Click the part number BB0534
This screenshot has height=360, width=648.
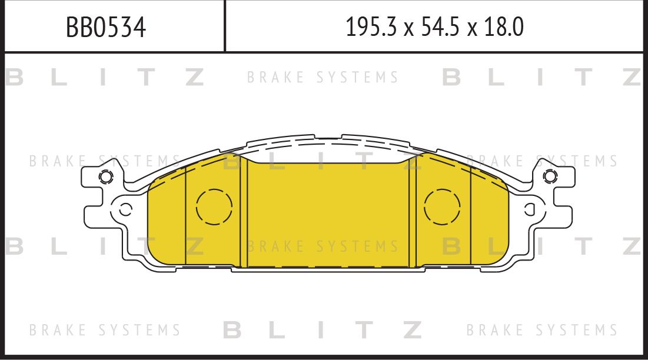(x=106, y=27)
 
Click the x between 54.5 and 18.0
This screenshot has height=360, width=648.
(x=472, y=29)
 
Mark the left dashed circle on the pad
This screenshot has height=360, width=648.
(x=214, y=207)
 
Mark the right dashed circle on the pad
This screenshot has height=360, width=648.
(x=442, y=207)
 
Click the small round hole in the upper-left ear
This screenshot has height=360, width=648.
(x=105, y=176)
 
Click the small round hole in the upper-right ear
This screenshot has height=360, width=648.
(x=550, y=175)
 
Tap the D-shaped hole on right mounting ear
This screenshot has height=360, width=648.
(x=529, y=208)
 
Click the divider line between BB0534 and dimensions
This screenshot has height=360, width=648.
(x=225, y=26)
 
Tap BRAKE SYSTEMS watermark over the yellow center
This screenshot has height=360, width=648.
(x=323, y=246)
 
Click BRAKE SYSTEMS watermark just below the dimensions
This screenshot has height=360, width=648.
(x=323, y=77)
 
